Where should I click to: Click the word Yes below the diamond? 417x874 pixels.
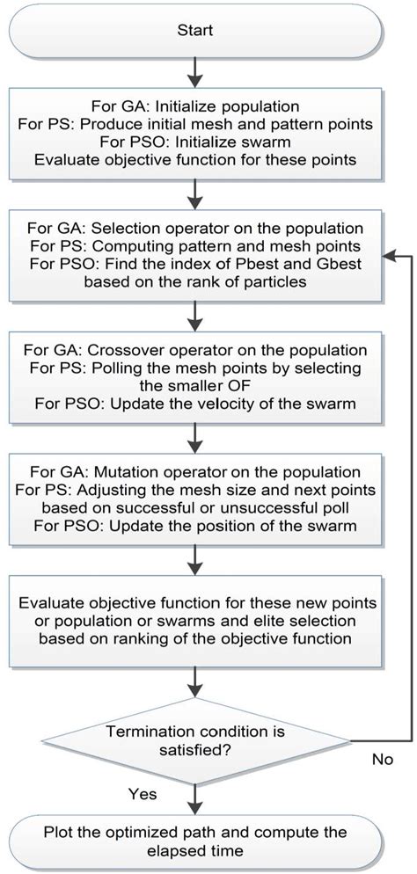tap(143, 794)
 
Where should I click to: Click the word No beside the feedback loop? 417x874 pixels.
tap(380, 757)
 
